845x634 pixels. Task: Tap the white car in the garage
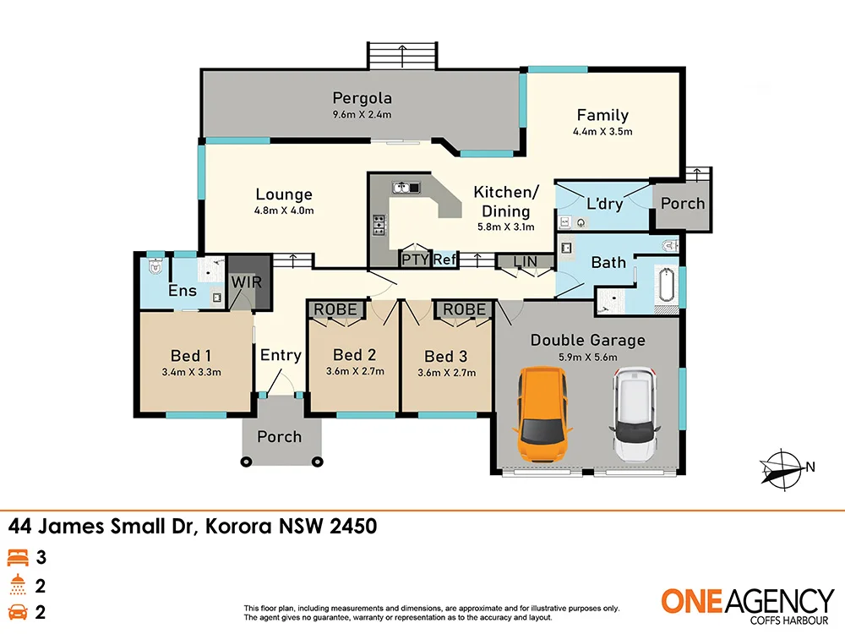click(x=635, y=413)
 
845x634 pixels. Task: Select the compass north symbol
click(x=784, y=467)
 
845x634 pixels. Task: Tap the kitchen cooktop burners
click(x=379, y=225)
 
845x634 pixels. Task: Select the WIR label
click(x=246, y=281)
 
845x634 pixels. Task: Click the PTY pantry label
click(x=415, y=260)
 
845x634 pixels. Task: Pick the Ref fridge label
click(x=444, y=260)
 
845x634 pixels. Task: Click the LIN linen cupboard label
click(x=525, y=261)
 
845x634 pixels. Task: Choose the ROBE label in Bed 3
click(x=465, y=309)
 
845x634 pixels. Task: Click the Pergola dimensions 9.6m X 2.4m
click(x=362, y=115)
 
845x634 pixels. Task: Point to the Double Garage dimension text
click(x=587, y=357)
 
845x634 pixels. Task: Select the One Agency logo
click(x=746, y=604)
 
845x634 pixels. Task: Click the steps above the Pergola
click(x=403, y=57)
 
